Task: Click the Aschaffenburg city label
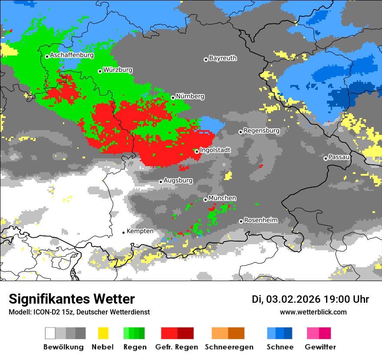(x=72, y=56)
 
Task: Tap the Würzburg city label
(x=118, y=70)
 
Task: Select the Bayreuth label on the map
(x=223, y=58)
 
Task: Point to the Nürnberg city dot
(x=173, y=98)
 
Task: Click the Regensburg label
(x=261, y=131)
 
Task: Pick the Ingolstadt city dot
(x=197, y=151)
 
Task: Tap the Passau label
(x=339, y=157)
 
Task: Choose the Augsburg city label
(x=178, y=180)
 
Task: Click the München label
(x=222, y=198)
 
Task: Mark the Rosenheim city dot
(x=241, y=221)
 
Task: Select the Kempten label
(x=140, y=231)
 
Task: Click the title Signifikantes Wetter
(x=72, y=299)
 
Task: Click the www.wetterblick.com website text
(x=313, y=312)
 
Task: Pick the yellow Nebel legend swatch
(x=103, y=333)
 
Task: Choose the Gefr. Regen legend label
(x=176, y=347)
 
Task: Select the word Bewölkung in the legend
(x=63, y=347)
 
